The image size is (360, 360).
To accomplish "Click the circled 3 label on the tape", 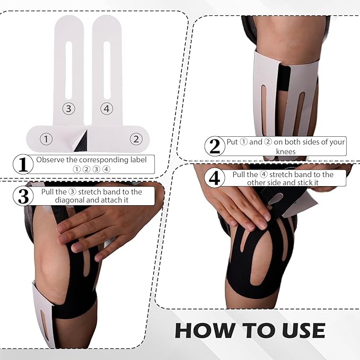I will coord(68,109).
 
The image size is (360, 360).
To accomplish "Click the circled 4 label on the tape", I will coord(107,109).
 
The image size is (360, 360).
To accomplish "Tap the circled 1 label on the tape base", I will coord(47,139).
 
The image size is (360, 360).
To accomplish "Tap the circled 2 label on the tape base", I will coord(136,139).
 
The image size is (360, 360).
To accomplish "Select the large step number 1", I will coord(22,164).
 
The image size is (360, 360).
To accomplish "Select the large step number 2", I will coord(214,146).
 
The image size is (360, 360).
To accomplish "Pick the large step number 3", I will coord(22,196).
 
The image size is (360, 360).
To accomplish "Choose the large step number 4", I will coord(214,178).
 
